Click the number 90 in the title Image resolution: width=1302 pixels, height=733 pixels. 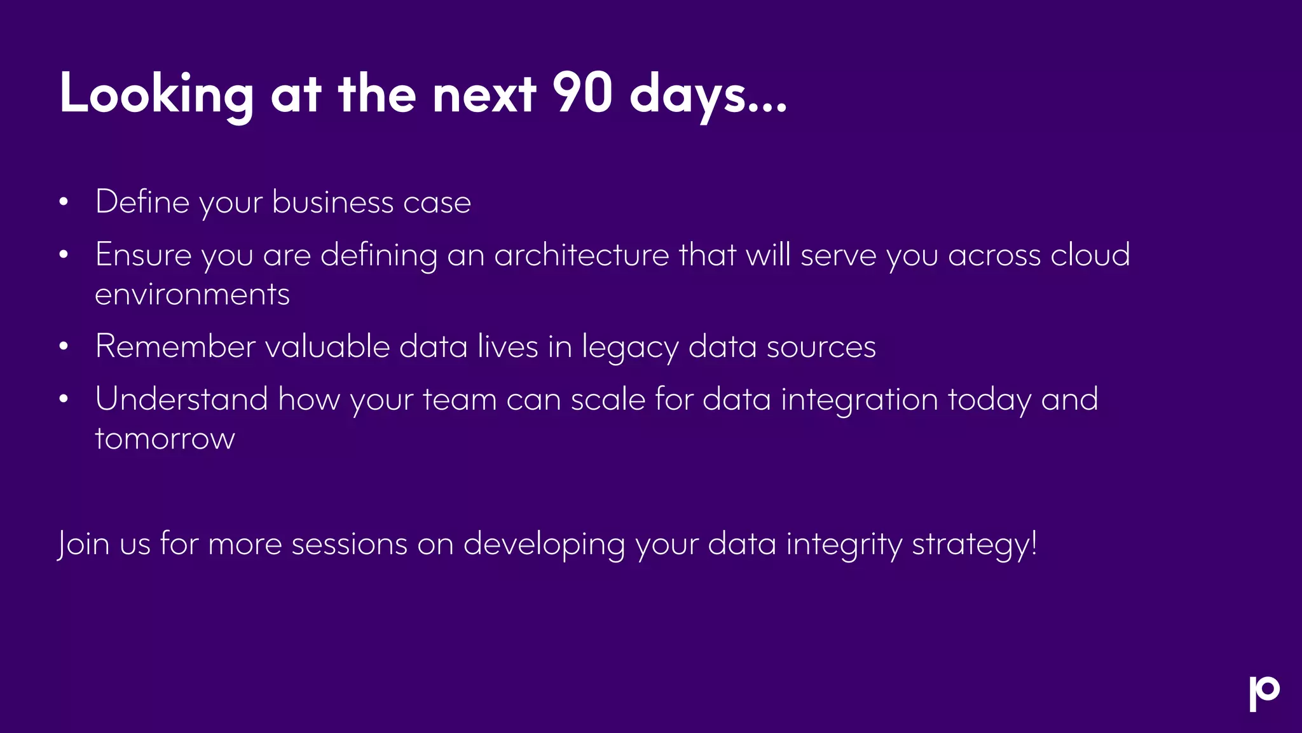pyautogui.click(x=582, y=93)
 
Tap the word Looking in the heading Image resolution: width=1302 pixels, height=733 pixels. pyautogui.click(x=156, y=94)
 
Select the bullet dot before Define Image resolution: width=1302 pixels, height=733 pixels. pyautogui.click(x=63, y=202)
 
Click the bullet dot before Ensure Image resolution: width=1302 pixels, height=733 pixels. pyautogui.click(x=63, y=255)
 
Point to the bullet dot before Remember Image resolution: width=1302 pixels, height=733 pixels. pyautogui.click(x=63, y=347)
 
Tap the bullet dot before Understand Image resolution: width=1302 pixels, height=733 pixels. pyautogui.click(x=63, y=400)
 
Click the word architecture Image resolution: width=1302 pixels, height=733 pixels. pyautogui.click(x=581, y=255)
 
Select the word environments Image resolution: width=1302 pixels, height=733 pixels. pyautogui.click(x=192, y=295)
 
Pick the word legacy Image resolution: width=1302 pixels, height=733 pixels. pyautogui.click(x=629, y=348)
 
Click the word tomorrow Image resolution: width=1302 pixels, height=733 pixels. pyautogui.click(x=165, y=439)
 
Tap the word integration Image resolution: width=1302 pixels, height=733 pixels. pyautogui.click(x=859, y=400)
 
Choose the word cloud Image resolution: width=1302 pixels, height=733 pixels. pyautogui.click(x=1090, y=255)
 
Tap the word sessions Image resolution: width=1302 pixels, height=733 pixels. pyautogui.click(x=349, y=545)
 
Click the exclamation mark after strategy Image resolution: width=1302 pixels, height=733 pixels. pyautogui.click(x=1034, y=543)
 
